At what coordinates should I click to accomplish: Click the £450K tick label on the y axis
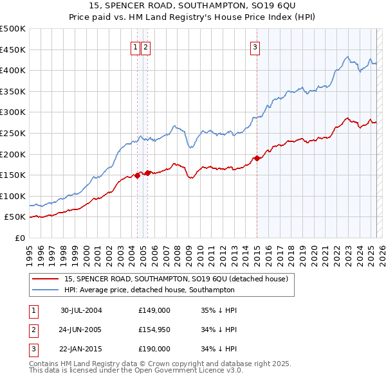(13, 49)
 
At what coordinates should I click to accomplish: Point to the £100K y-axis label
(13, 196)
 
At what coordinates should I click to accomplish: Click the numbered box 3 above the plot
(255, 46)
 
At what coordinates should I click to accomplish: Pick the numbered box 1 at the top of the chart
(136, 46)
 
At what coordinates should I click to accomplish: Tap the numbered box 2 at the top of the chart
(146, 46)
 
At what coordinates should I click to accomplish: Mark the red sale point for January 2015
(257, 158)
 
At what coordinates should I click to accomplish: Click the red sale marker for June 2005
(148, 173)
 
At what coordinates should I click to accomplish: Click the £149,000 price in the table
(154, 310)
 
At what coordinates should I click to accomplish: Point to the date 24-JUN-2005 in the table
(81, 330)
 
